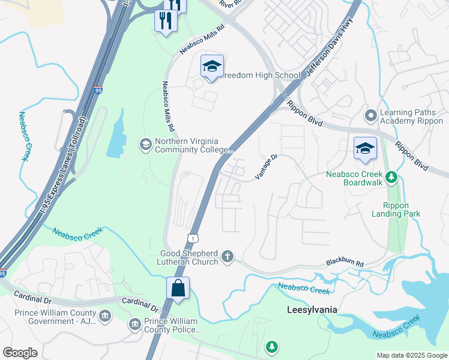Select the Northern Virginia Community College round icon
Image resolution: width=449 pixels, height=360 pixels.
145,144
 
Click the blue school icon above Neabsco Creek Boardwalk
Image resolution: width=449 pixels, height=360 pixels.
365,150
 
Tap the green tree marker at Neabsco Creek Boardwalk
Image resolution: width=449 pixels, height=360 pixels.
391,177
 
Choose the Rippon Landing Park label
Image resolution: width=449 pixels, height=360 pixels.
396,209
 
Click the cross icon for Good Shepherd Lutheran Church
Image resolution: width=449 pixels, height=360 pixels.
227,257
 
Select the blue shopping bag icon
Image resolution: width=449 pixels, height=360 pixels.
178,289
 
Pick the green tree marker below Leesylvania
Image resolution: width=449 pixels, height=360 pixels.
273,346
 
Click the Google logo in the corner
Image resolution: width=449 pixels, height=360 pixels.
20,353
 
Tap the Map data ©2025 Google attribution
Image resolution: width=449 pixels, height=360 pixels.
411,355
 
